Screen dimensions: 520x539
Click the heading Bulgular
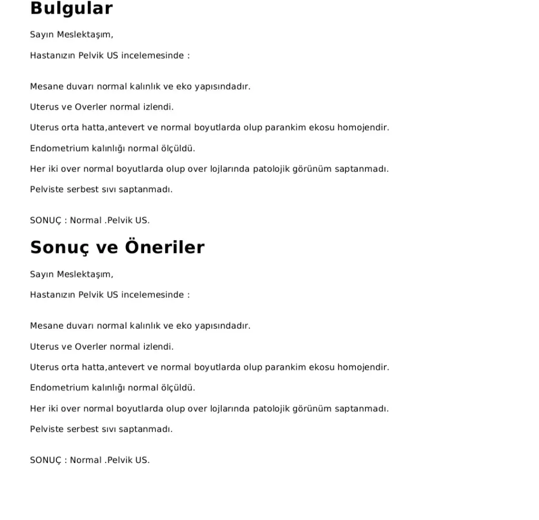[x=71, y=8]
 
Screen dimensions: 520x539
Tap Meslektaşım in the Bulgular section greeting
[x=85, y=35]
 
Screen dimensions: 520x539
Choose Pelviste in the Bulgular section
[x=46, y=190]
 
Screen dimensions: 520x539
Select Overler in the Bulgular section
[x=91, y=107]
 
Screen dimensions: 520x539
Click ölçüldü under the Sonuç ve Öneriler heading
[x=178, y=388]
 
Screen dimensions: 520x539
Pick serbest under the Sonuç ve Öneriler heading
[x=83, y=429]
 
